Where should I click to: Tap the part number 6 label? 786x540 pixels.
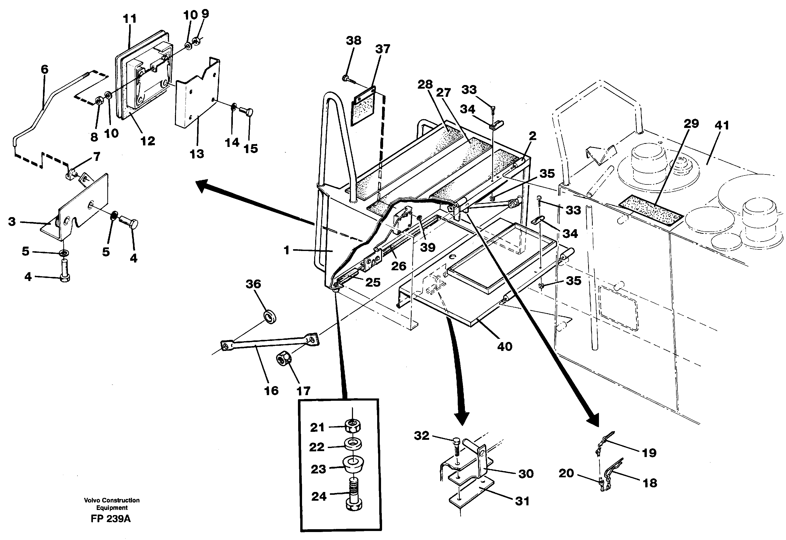coord(45,69)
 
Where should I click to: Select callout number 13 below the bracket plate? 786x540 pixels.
coord(197,154)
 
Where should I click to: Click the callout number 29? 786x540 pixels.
coord(691,124)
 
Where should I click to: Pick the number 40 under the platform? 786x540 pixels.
coord(505,347)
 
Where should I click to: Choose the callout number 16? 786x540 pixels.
coord(271,391)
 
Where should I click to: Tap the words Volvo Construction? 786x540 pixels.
coord(112,500)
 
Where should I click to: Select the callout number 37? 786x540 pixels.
coord(383,49)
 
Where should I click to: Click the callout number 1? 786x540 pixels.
coord(287,250)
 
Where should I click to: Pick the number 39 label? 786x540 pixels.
coord(428,247)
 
